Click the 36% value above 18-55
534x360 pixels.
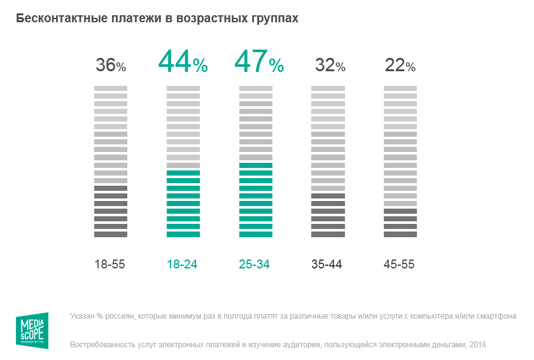click(111, 65)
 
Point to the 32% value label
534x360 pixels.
click(330, 65)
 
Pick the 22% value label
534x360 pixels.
click(400, 65)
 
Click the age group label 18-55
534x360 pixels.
click(109, 265)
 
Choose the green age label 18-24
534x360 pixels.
click(182, 265)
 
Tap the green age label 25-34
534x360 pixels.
click(255, 265)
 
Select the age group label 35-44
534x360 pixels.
click(327, 265)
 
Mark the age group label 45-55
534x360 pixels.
click(400, 265)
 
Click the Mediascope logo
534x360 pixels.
click(32, 331)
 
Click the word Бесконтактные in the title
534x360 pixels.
click(55, 18)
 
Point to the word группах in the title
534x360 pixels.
click(274, 18)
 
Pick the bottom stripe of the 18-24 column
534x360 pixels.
click(183, 234)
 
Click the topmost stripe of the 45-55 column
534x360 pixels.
click(400, 88)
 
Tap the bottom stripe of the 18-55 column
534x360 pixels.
click(111, 234)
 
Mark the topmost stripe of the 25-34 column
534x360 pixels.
click(256, 88)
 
